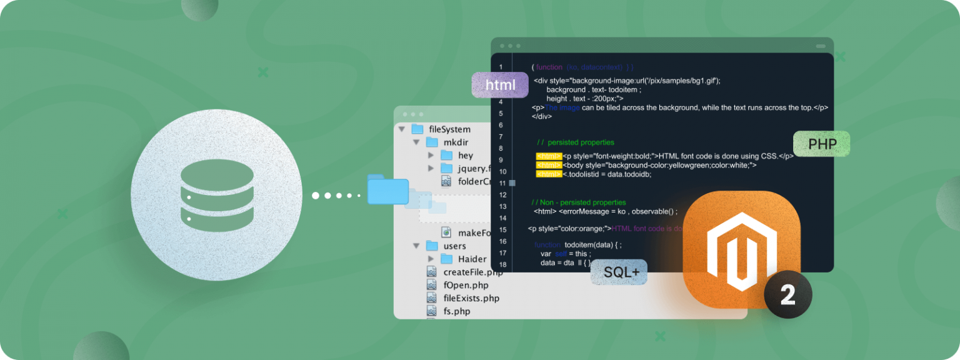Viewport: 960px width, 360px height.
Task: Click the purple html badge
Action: (x=499, y=85)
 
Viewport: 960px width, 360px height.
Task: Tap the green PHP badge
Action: (x=822, y=144)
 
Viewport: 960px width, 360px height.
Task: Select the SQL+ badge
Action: (x=619, y=272)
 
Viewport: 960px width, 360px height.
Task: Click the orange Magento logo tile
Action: (x=741, y=249)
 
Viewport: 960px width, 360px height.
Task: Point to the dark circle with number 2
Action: (x=787, y=294)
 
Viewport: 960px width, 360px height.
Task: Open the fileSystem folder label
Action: (x=449, y=129)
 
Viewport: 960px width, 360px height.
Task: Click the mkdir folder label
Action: (x=456, y=142)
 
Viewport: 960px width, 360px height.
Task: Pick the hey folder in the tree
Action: (x=465, y=156)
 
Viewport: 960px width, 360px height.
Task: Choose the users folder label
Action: (x=454, y=246)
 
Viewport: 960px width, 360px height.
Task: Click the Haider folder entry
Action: (x=472, y=259)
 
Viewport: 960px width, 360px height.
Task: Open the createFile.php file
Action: (x=472, y=272)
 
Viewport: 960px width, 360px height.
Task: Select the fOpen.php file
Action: (x=466, y=285)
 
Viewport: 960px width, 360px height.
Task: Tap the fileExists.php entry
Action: (x=471, y=298)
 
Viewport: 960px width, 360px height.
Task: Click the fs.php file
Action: (x=456, y=311)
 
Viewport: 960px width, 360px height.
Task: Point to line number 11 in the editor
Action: (x=502, y=183)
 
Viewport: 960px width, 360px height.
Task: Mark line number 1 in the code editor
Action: (x=501, y=67)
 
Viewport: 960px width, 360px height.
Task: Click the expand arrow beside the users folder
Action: (x=416, y=246)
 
